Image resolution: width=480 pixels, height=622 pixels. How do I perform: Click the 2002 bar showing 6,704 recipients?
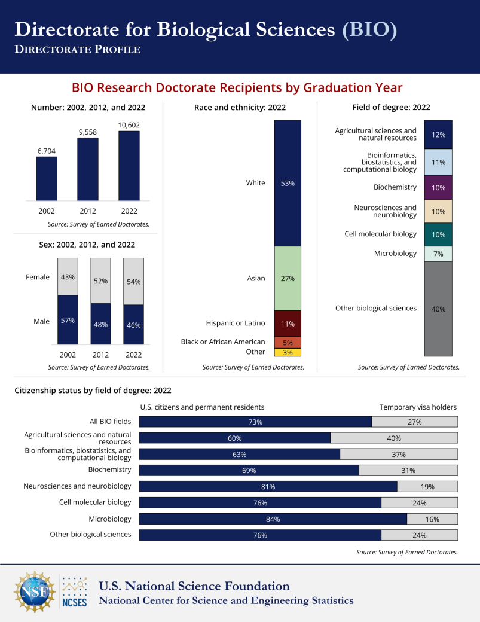tap(47, 178)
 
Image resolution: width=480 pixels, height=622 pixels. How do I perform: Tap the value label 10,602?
tap(129, 124)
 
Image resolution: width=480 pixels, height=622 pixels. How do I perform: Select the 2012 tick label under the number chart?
tap(88, 211)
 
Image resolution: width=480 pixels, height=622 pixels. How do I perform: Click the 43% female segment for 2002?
tap(68, 277)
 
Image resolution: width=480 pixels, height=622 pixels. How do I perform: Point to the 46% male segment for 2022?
tap(133, 325)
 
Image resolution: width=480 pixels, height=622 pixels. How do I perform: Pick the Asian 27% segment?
tap(288, 278)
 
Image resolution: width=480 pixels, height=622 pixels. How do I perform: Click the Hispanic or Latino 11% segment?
tap(288, 324)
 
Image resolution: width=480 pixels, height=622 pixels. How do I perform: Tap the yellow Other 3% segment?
tap(288, 352)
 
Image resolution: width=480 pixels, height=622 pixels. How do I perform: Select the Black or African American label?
tap(223, 342)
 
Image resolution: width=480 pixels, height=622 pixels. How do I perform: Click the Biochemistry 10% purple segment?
tap(438, 187)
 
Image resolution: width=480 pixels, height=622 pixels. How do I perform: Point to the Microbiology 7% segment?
tap(438, 254)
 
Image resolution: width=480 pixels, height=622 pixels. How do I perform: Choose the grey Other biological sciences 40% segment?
tap(438, 309)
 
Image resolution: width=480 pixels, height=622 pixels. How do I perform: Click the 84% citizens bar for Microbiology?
tap(273, 519)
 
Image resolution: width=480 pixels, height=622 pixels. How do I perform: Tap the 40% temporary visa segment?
tap(394, 438)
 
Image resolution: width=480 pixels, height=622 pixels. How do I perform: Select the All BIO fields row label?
tap(110, 422)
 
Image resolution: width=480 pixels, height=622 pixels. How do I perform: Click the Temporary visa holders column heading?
tap(418, 407)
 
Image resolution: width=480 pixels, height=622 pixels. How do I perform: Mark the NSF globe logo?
tap(34, 592)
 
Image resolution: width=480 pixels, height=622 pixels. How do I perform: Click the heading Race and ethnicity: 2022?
tap(240, 108)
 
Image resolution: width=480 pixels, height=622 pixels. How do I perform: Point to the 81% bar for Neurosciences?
tap(268, 486)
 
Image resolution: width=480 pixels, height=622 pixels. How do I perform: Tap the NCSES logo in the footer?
tap(75, 592)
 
